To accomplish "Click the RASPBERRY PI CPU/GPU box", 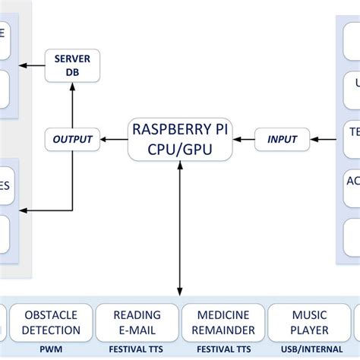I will coord(179,138).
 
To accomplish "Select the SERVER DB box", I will coord(72,65).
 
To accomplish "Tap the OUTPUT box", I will coord(72,139).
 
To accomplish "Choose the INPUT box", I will coord(282,139).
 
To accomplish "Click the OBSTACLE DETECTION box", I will coord(52,322).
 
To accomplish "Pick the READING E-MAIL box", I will coord(137,322).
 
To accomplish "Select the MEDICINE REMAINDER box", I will coord(223,322).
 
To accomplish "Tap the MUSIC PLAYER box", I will coord(309,322).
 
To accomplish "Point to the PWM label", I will coord(52,350).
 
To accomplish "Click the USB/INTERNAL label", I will coord(309,350).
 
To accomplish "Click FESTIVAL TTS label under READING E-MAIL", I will coord(137,350).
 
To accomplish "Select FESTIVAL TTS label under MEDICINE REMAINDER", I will coord(223,350).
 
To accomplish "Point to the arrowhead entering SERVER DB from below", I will coord(72,87).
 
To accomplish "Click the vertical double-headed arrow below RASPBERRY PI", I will coord(180,228).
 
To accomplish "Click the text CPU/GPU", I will coord(179,149).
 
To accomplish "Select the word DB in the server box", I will coord(72,73).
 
